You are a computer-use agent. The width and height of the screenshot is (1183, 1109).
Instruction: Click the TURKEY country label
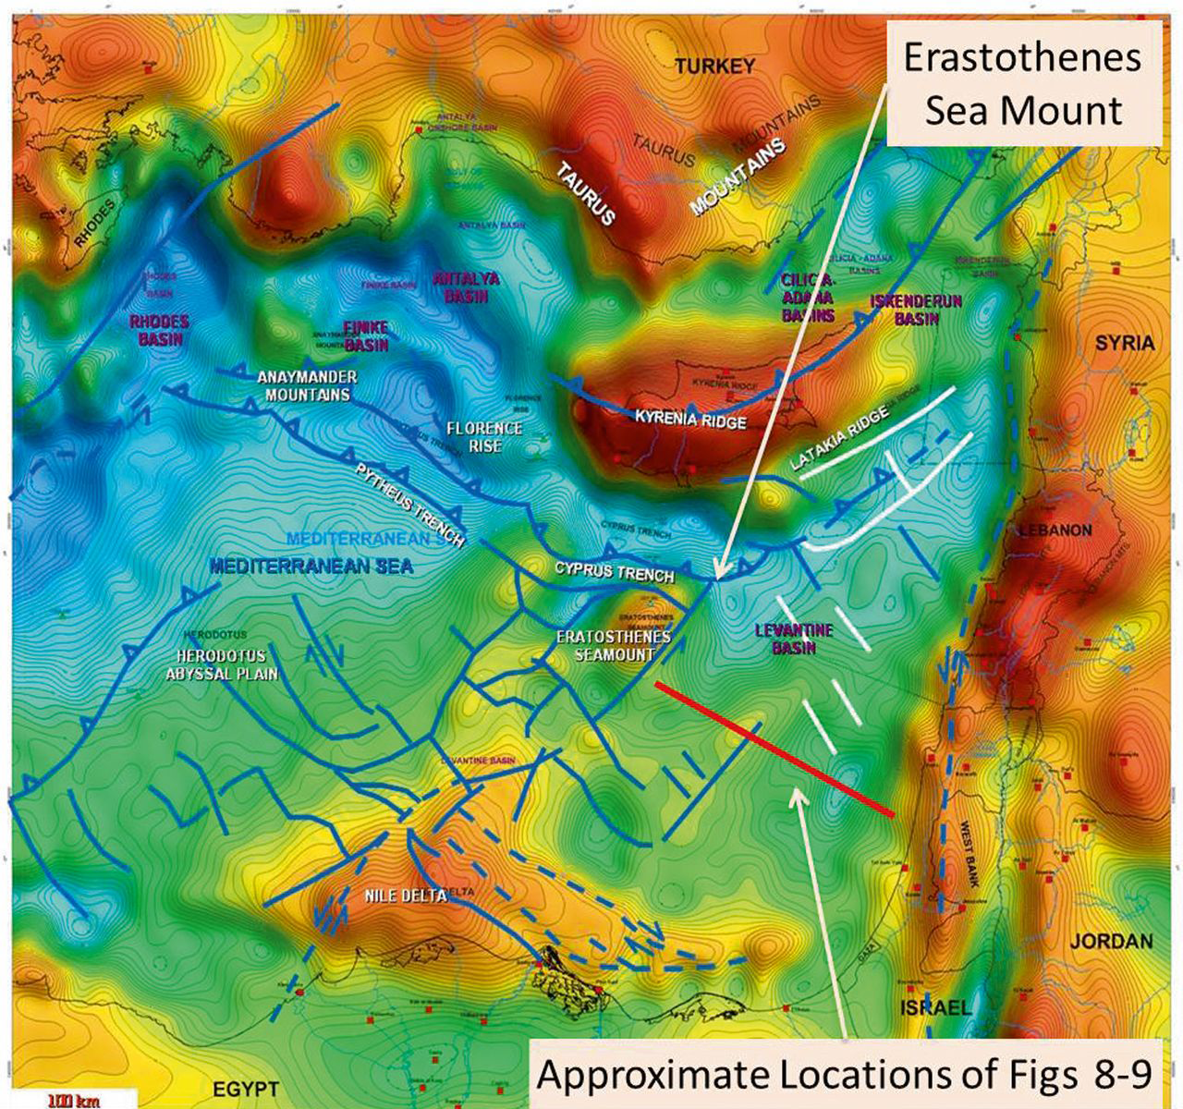tap(713, 67)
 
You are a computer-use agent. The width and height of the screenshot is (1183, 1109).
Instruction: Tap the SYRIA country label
tap(1124, 343)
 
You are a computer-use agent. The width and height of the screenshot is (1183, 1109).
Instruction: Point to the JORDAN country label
tap(1112, 942)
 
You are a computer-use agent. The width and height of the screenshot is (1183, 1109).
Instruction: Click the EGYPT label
tap(247, 1088)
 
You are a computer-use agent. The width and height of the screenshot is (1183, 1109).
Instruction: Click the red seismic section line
tap(774, 749)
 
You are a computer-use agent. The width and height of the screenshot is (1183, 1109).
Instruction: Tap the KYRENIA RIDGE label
tap(689, 419)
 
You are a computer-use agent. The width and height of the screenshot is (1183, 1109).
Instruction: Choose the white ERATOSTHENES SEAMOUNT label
tap(613, 646)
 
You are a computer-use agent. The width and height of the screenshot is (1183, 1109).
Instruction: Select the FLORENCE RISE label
tap(484, 437)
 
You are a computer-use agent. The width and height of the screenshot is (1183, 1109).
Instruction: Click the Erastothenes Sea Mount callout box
tap(1023, 84)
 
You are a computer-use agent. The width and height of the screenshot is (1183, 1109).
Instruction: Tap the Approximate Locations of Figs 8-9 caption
tap(845, 1075)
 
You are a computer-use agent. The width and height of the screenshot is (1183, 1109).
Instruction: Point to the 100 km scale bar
tap(70, 1100)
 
